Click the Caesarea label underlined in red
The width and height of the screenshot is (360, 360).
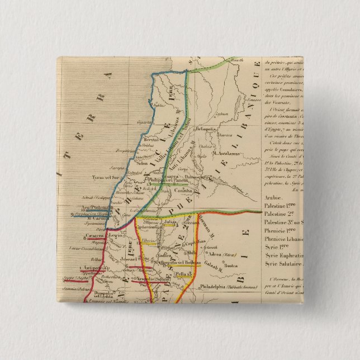(92, 236)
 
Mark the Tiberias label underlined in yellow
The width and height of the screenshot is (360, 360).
(148, 240)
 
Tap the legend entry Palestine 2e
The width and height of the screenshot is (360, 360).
(283, 214)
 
